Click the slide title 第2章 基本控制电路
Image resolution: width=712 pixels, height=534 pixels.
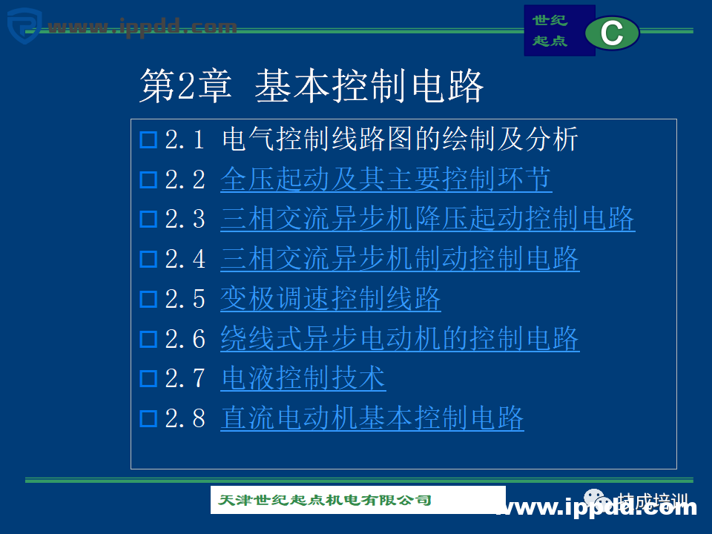[311, 87]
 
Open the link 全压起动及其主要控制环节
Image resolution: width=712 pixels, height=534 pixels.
[386, 179]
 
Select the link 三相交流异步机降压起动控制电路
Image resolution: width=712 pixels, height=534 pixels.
[427, 220]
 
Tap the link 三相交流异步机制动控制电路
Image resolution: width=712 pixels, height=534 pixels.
[400, 259]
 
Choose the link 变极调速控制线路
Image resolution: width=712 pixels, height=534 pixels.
[331, 299]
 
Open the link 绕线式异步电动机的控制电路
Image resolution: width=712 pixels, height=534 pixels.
[400, 339]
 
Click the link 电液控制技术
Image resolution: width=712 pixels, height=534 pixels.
[303, 379]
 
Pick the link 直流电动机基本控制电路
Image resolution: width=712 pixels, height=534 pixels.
[372, 419]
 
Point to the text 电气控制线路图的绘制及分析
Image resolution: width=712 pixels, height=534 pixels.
[400, 139]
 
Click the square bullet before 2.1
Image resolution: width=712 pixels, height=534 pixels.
[148, 139]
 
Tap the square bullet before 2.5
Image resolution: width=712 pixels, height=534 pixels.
[148, 300]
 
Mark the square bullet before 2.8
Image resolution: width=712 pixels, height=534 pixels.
[148, 420]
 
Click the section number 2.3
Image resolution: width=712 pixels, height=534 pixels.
[185, 220]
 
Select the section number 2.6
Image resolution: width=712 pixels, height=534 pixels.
[185, 340]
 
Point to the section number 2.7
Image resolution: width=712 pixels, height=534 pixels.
[185, 380]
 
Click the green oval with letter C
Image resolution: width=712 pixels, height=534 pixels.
[612, 33]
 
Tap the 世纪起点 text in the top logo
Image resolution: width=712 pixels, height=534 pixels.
[550, 30]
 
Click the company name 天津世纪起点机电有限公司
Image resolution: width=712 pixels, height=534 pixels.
[325, 501]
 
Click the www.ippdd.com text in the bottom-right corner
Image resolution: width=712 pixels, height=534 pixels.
[597, 508]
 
